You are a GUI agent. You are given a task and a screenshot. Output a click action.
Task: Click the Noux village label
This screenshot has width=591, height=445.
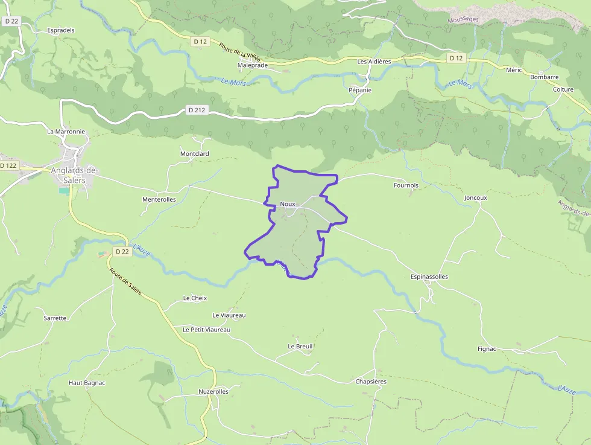coord(287,204)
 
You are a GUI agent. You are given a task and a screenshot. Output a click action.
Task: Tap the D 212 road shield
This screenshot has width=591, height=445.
coord(197,110)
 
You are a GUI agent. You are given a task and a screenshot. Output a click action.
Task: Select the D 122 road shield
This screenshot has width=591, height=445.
coord(9,165)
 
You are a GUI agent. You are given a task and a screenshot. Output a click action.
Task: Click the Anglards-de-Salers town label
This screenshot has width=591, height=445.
coord(74,175)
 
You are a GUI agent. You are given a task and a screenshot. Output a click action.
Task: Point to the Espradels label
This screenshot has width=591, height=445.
coord(61,30)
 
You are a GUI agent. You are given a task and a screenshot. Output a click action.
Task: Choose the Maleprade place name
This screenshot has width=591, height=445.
coord(253,65)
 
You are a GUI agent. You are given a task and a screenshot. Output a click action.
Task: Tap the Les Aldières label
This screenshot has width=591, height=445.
coord(374,62)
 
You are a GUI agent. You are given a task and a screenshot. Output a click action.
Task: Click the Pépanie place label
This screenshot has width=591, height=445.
coord(360,90)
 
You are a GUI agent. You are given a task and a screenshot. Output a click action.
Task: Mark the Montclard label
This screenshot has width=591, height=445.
coord(194,154)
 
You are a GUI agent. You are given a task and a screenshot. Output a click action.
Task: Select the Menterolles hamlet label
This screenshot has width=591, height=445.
coord(159,199)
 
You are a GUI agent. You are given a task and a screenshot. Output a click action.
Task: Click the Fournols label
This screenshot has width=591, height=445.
coord(406,185)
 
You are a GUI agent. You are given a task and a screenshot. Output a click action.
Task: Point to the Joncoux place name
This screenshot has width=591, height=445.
coord(475,197)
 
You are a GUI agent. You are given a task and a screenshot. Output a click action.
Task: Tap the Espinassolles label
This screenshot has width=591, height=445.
coord(429,277)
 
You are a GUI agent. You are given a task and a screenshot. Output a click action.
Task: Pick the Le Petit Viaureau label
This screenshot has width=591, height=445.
coord(206,330)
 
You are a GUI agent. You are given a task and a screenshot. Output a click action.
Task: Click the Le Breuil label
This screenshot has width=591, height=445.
coord(300,347)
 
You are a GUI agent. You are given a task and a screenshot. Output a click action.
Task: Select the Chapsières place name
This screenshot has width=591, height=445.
coord(371,382)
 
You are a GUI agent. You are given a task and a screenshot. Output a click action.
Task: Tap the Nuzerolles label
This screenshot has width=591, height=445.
coord(213,391)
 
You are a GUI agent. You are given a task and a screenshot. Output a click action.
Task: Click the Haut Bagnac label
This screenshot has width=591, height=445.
coord(87,383)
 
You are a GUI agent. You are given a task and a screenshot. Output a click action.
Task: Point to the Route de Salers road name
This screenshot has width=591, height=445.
coord(125,281)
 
